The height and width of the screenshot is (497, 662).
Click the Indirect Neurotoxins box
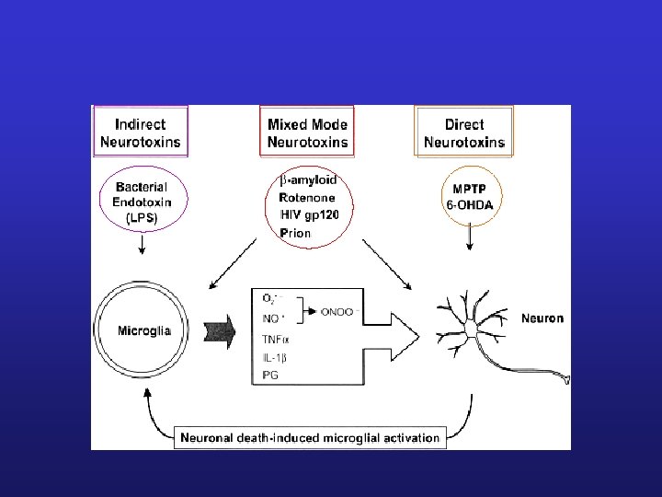click(140, 133)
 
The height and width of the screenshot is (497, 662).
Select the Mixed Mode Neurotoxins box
click(307, 133)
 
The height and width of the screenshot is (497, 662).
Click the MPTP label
click(470, 188)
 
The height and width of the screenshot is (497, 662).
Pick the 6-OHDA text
click(470, 205)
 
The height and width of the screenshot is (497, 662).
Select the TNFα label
click(276, 339)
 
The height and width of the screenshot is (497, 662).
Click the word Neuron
click(542, 319)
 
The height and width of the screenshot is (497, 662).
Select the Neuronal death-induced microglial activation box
click(310, 437)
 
